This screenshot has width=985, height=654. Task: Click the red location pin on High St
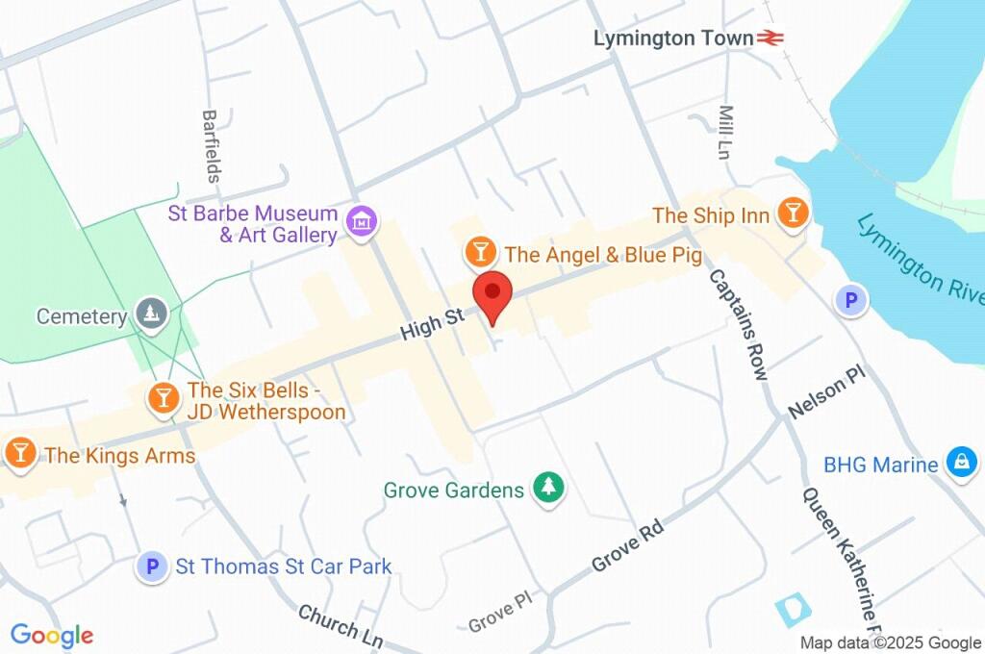[493, 292]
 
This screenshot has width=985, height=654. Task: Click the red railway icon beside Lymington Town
[770, 38]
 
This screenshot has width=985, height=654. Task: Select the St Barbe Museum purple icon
[362, 221]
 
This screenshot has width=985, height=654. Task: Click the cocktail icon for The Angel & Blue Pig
[480, 253]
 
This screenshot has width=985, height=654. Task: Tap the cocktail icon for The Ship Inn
[793, 214]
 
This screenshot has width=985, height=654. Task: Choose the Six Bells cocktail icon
[163, 395]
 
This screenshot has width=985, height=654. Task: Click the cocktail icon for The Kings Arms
[20, 452]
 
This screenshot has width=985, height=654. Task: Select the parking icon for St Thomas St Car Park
[151, 566]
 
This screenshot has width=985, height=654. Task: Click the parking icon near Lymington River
[850, 301]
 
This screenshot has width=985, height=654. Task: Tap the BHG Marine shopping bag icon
[961, 463]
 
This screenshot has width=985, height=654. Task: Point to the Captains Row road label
[739, 323]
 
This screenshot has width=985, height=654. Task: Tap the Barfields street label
[211, 145]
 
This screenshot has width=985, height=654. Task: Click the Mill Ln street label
[725, 132]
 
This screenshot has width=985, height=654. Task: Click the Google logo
[52, 635]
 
